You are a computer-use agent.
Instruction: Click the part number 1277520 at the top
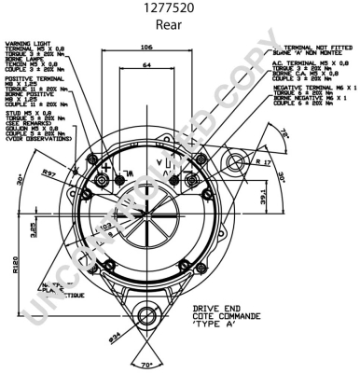[x=180, y=8]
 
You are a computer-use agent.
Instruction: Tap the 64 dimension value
[x=145, y=66]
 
